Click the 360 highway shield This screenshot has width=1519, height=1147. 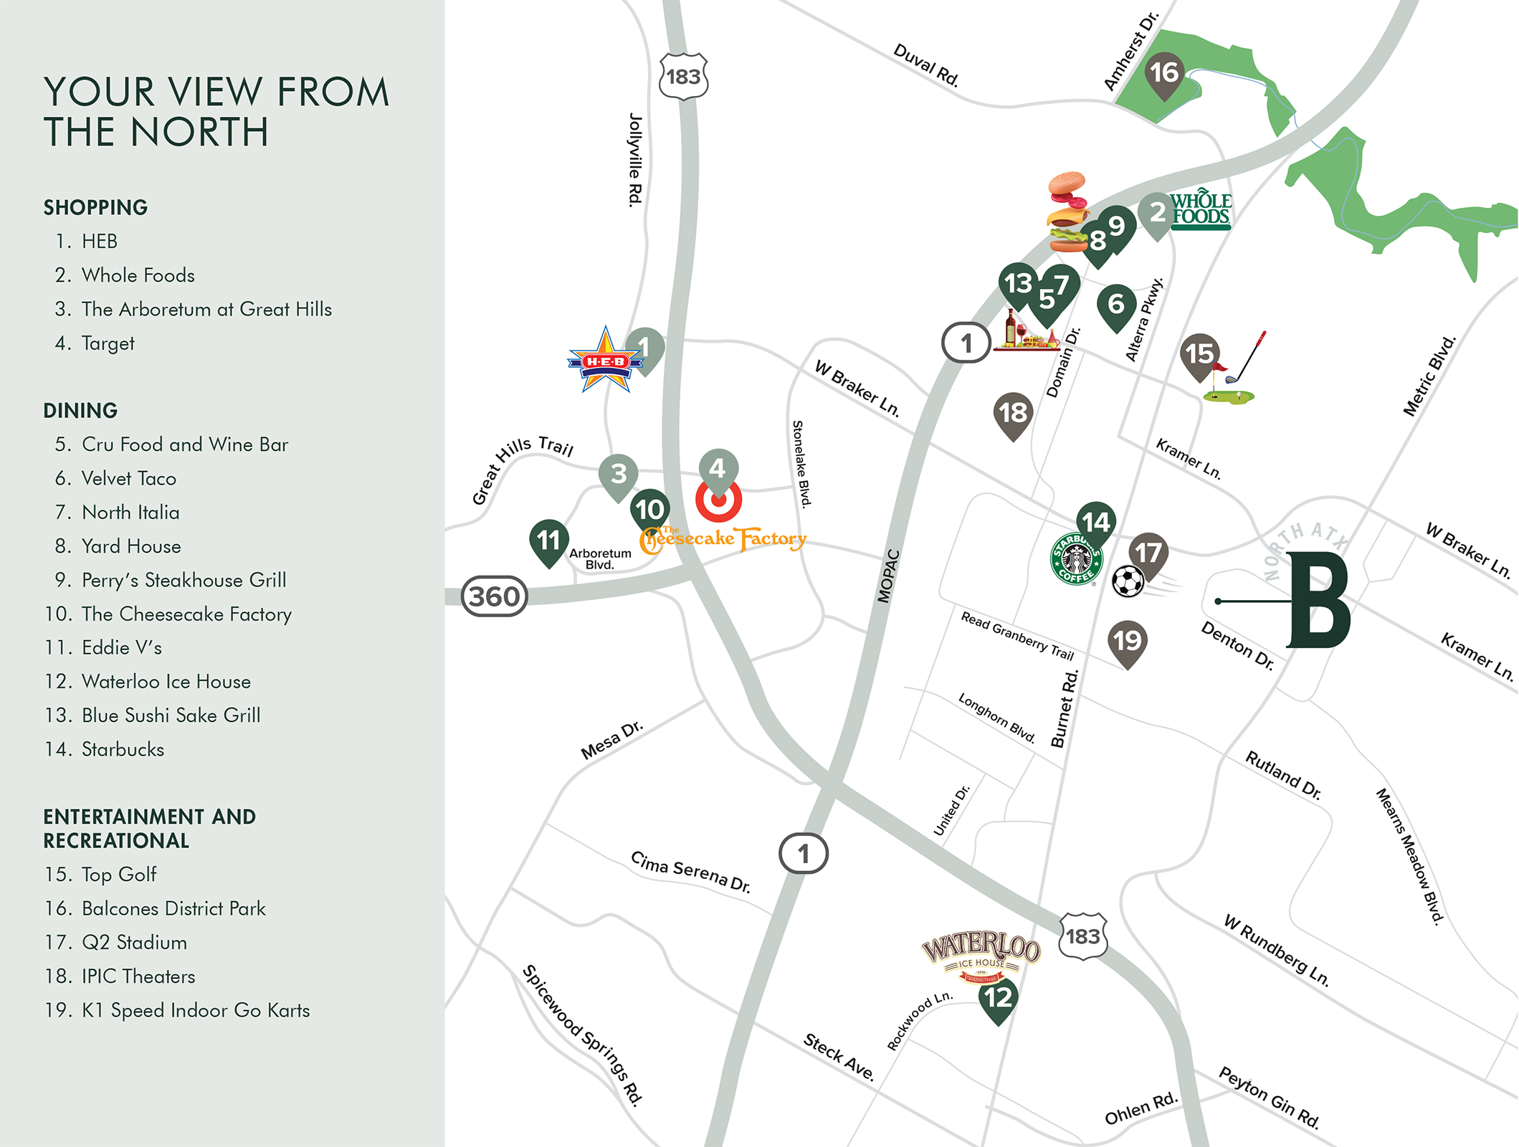click(x=494, y=596)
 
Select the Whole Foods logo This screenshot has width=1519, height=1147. click(x=1201, y=210)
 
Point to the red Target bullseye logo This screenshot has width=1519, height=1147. click(x=718, y=501)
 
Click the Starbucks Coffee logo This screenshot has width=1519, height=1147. click(x=1076, y=559)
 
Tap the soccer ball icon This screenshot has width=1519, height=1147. click(x=1128, y=581)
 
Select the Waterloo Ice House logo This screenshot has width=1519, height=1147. click(x=981, y=956)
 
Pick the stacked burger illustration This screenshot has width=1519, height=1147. click(x=1068, y=212)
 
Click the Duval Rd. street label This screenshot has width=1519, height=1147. click(x=926, y=65)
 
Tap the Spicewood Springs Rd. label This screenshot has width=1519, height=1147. click(x=582, y=1034)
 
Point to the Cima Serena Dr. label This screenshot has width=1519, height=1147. click(x=690, y=871)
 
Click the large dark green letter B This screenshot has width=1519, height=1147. click(x=1320, y=601)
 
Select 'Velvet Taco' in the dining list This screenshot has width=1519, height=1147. click(x=128, y=478)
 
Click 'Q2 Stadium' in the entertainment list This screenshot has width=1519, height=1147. click(x=134, y=942)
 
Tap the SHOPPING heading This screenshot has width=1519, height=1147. click(x=95, y=207)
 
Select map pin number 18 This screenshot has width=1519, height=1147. click(x=1013, y=414)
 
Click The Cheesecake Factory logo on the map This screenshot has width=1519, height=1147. click(x=723, y=539)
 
